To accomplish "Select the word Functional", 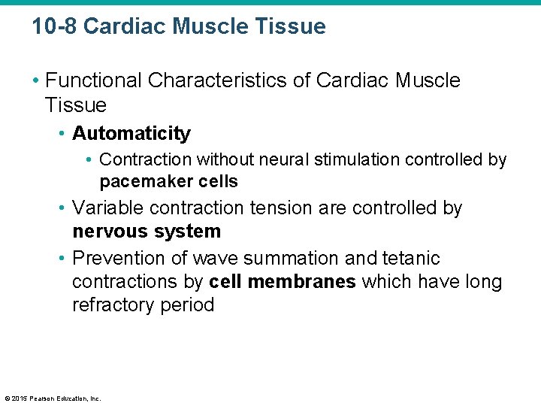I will coord(94,80).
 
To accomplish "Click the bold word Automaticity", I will coord(131,134).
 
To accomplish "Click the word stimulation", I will coord(352,160).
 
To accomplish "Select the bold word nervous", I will coord(109,232).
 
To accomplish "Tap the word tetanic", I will coord(413,259).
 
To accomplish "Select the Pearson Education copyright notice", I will coord(52,398).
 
